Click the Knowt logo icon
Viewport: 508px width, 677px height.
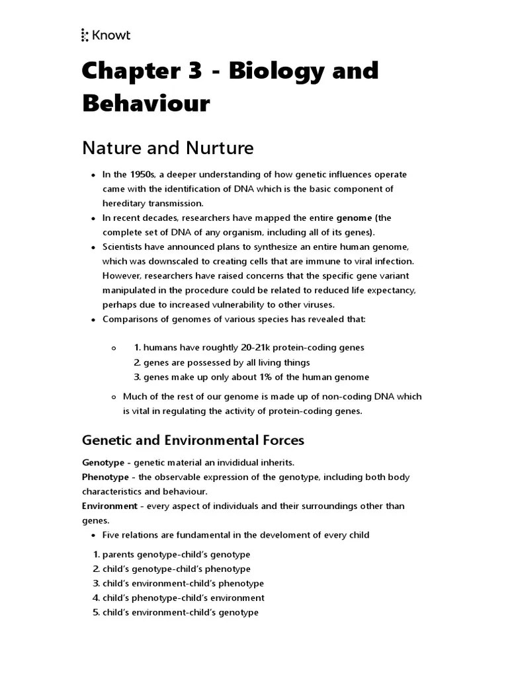point(85,35)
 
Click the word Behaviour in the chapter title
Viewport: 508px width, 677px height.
point(146,103)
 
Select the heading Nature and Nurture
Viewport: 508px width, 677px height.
point(167,147)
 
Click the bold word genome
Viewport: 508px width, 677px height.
point(355,218)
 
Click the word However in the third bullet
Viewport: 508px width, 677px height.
point(122,276)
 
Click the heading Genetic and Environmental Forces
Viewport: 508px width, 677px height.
point(192,440)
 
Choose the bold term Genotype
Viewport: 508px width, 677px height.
point(103,462)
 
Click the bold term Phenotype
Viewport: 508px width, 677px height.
point(105,477)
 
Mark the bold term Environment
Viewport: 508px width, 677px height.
point(109,506)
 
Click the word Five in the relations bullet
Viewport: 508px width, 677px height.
point(112,535)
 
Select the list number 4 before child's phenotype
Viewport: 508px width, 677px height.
point(96,598)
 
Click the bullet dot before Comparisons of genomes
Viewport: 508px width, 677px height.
point(92,320)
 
